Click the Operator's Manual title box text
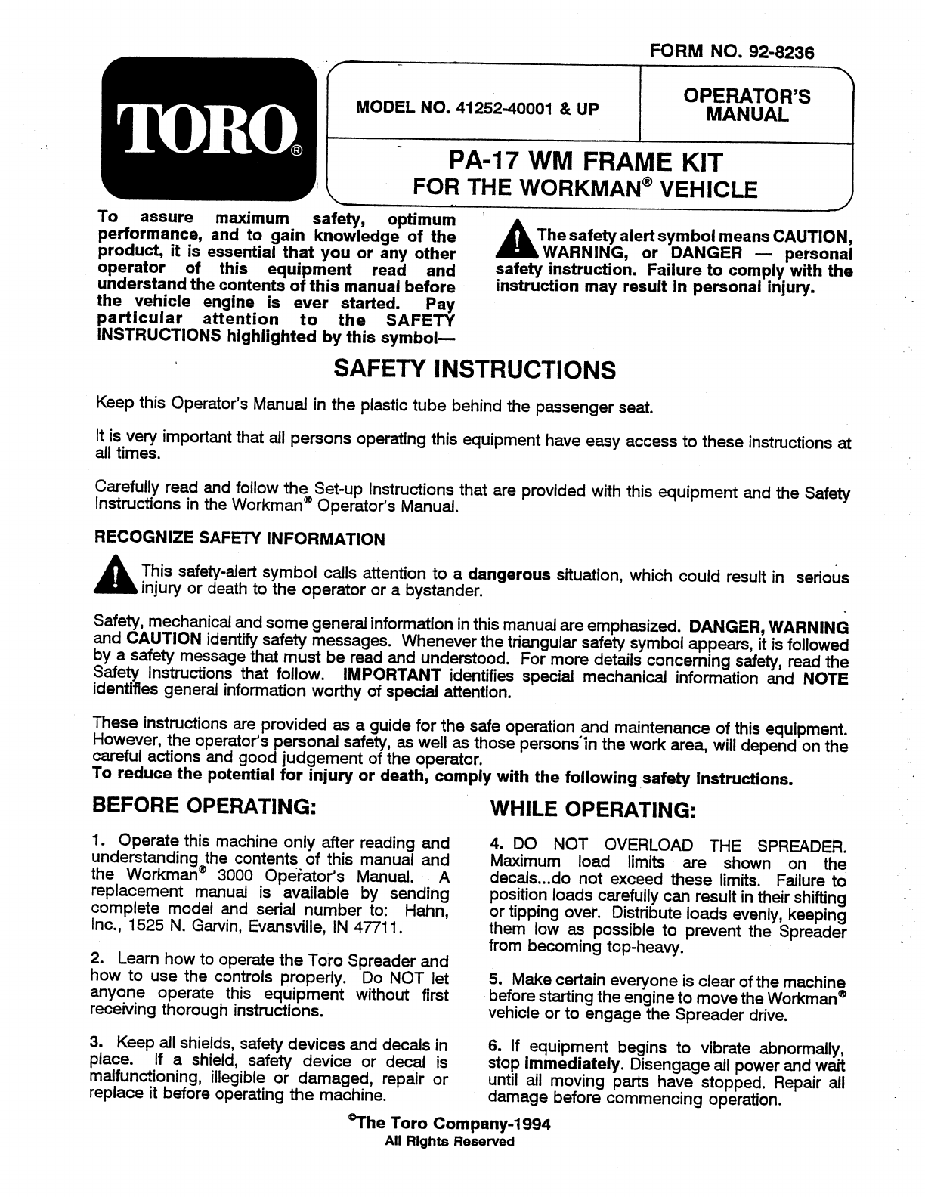[746, 105]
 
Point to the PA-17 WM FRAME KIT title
[586, 162]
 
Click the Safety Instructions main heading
[475, 370]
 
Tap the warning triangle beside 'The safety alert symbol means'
[515, 242]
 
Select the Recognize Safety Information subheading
[238, 539]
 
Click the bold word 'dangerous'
[509, 574]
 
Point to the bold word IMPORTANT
[391, 675]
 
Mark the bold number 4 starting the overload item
[495, 844]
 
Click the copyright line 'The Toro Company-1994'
[449, 1123]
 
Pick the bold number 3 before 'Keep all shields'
[96, 1044]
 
